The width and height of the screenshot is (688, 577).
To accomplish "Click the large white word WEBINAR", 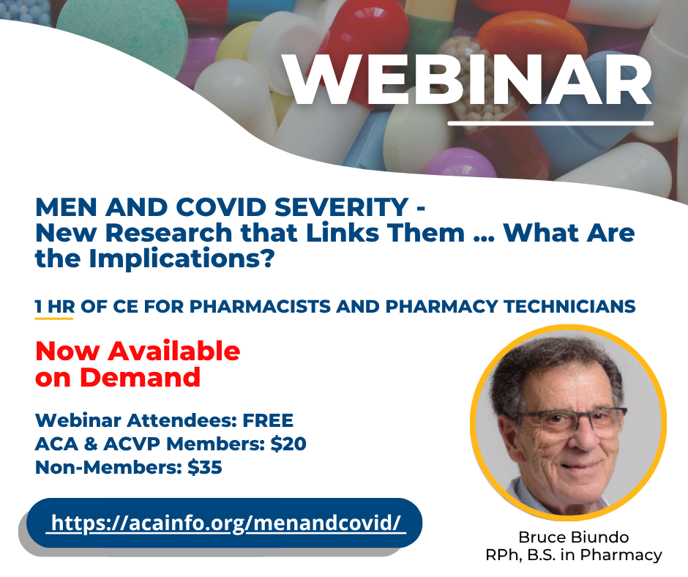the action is pos(467,81).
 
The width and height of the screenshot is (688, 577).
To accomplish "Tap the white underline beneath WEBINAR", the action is pos(550,124).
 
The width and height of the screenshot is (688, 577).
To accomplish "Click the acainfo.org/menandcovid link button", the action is pos(224,523).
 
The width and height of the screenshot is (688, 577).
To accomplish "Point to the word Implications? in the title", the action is pos(182,259).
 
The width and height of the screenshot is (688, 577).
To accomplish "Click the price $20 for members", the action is pos(288,444).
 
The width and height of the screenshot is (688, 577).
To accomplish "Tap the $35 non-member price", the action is pos(204,467).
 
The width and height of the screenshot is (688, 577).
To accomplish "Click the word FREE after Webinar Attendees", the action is pos(268,421).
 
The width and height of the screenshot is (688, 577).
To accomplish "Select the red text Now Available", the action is pos(138,351).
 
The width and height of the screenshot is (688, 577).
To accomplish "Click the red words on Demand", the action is pos(118,377).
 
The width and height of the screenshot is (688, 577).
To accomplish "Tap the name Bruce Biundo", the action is pos(574,537).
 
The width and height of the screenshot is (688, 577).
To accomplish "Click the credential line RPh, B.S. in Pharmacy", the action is pos(574,555).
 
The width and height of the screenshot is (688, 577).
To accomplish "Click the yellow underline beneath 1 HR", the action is pos(54,318).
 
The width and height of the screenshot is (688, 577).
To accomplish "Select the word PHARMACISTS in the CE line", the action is pos(260,307).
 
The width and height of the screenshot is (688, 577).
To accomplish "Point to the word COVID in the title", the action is pos(221,206).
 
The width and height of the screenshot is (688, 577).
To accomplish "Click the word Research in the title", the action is pos(168,233).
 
